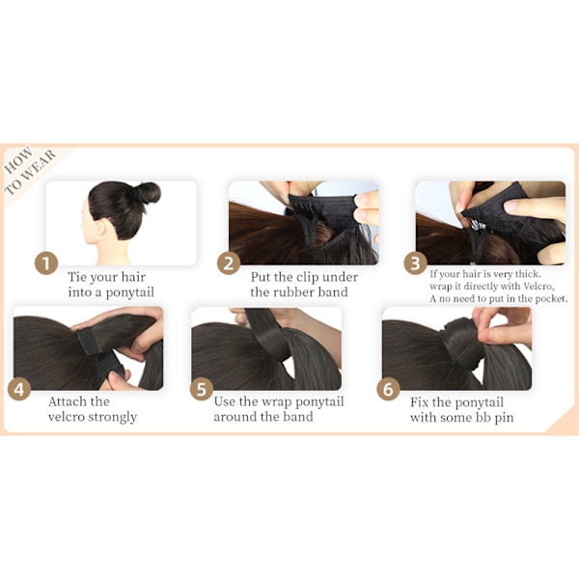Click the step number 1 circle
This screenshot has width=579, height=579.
tap(46, 263)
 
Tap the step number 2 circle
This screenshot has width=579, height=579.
tap(229, 263)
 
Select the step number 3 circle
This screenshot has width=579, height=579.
tap(415, 263)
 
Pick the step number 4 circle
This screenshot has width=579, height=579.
tap(19, 390)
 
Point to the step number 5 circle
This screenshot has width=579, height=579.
tap(202, 390)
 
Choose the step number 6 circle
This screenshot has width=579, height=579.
tap(389, 390)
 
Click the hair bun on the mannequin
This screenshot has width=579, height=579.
tap(148, 193)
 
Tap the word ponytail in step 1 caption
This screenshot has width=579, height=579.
tap(129, 292)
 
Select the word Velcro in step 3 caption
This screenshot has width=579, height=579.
tap(538, 287)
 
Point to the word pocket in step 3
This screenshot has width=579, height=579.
tap(551, 298)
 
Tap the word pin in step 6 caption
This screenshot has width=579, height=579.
tap(504, 418)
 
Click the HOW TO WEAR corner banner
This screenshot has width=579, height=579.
tap(30, 170)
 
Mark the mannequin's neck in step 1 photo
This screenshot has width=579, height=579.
tap(113, 252)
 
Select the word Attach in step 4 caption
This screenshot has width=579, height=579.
tap(65, 401)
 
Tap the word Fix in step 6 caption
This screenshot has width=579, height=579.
tap(419, 402)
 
